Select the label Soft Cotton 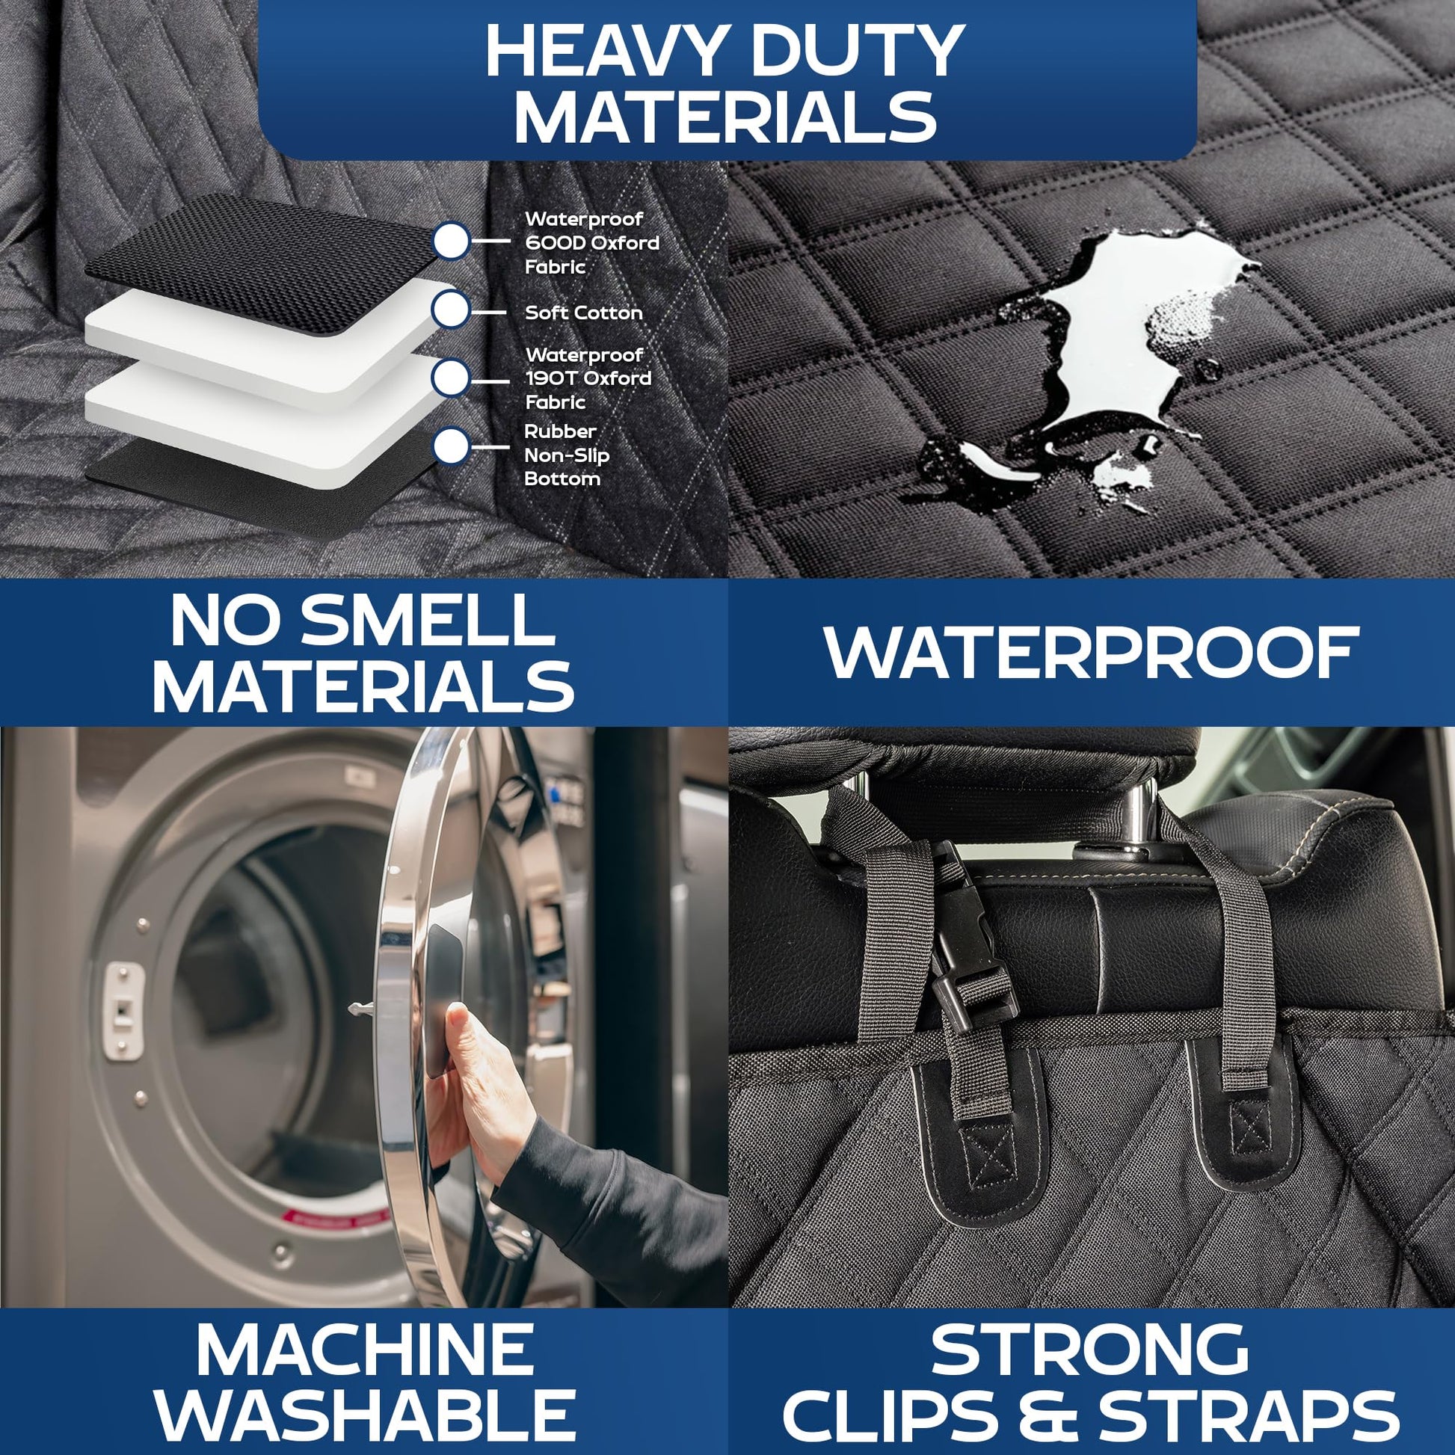[584, 313]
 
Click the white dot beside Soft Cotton [451, 310]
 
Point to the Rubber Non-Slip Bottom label [566, 455]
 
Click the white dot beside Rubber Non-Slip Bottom [451, 446]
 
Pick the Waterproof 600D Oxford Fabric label [592, 242]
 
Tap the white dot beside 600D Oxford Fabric [451, 241]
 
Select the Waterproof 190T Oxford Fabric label [588, 378]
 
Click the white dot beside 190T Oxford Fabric [451, 378]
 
